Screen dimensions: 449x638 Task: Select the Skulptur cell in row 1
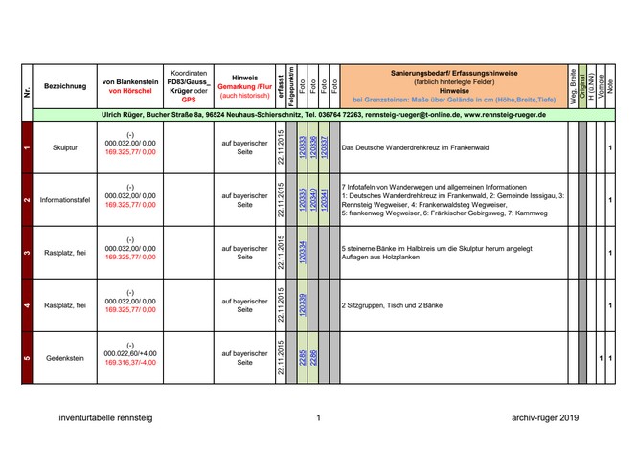pos(64,147)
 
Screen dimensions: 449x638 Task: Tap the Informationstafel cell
pos(64,200)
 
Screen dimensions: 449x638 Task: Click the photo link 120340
pos(313,199)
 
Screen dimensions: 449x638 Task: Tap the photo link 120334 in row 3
pos(303,252)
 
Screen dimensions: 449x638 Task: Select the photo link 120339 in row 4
pos(303,304)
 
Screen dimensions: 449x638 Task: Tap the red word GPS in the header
pos(189,100)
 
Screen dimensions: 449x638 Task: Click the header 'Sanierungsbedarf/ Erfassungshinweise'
pos(454,73)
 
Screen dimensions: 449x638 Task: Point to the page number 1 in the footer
pos(318,418)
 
